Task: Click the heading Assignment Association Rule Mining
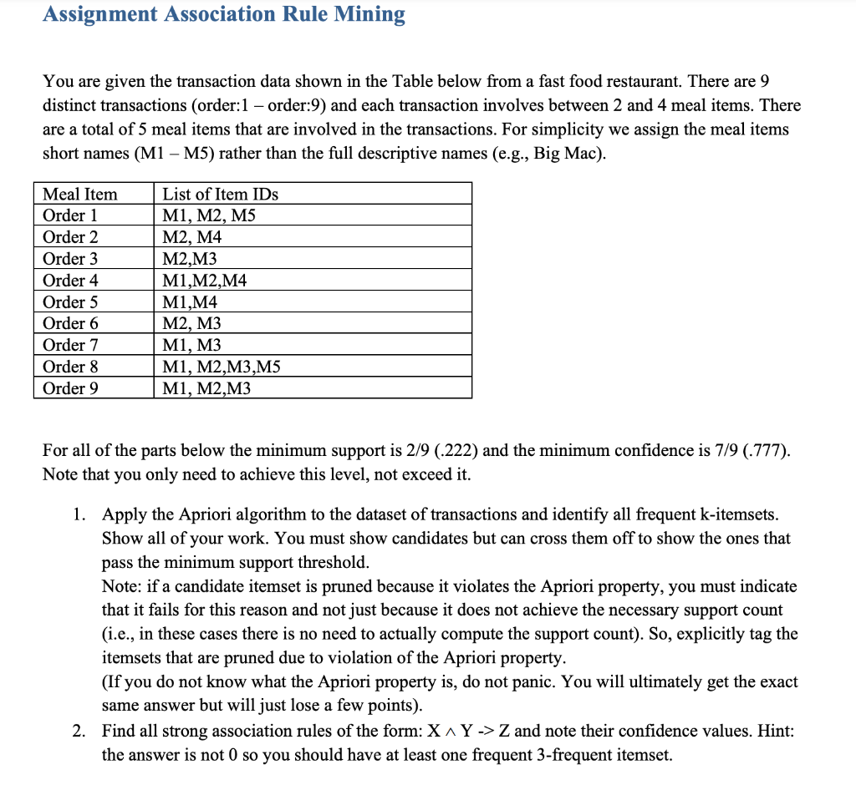224,14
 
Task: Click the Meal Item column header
80,194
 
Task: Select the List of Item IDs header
220,194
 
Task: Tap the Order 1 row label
70,215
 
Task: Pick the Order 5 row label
70,301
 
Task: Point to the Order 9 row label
70,387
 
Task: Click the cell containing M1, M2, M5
208,215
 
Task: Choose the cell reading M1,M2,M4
204,281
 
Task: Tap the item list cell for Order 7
191,345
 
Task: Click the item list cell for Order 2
191,237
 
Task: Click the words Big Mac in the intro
567,154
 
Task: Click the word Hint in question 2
773,731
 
